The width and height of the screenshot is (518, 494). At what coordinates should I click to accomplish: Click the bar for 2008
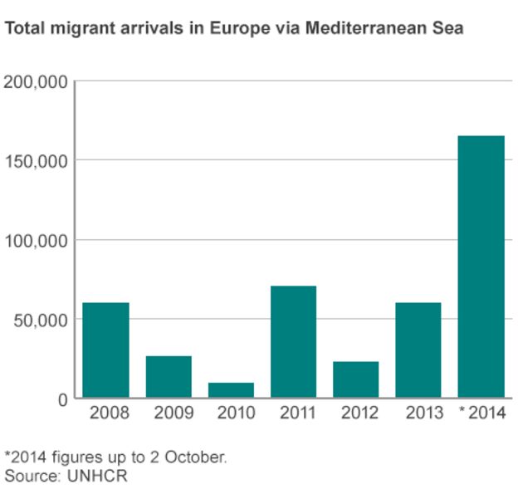(105, 350)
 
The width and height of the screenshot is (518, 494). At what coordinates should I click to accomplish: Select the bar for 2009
(169, 377)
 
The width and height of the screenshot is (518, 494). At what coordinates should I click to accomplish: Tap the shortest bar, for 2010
(231, 390)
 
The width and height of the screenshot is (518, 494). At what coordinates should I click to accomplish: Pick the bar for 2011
(293, 342)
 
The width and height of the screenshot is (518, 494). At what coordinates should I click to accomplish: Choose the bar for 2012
(355, 379)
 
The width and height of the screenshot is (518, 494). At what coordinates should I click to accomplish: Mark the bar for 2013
(418, 350)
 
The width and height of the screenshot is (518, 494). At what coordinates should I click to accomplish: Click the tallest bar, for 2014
(481, 267)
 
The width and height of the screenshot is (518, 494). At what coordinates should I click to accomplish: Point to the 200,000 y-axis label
(35, 81)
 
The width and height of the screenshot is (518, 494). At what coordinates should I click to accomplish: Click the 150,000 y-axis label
(35, 160)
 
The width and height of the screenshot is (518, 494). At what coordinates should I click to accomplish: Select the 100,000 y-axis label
(35, 240)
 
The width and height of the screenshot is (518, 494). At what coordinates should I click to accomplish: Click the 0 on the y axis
(62, 399)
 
